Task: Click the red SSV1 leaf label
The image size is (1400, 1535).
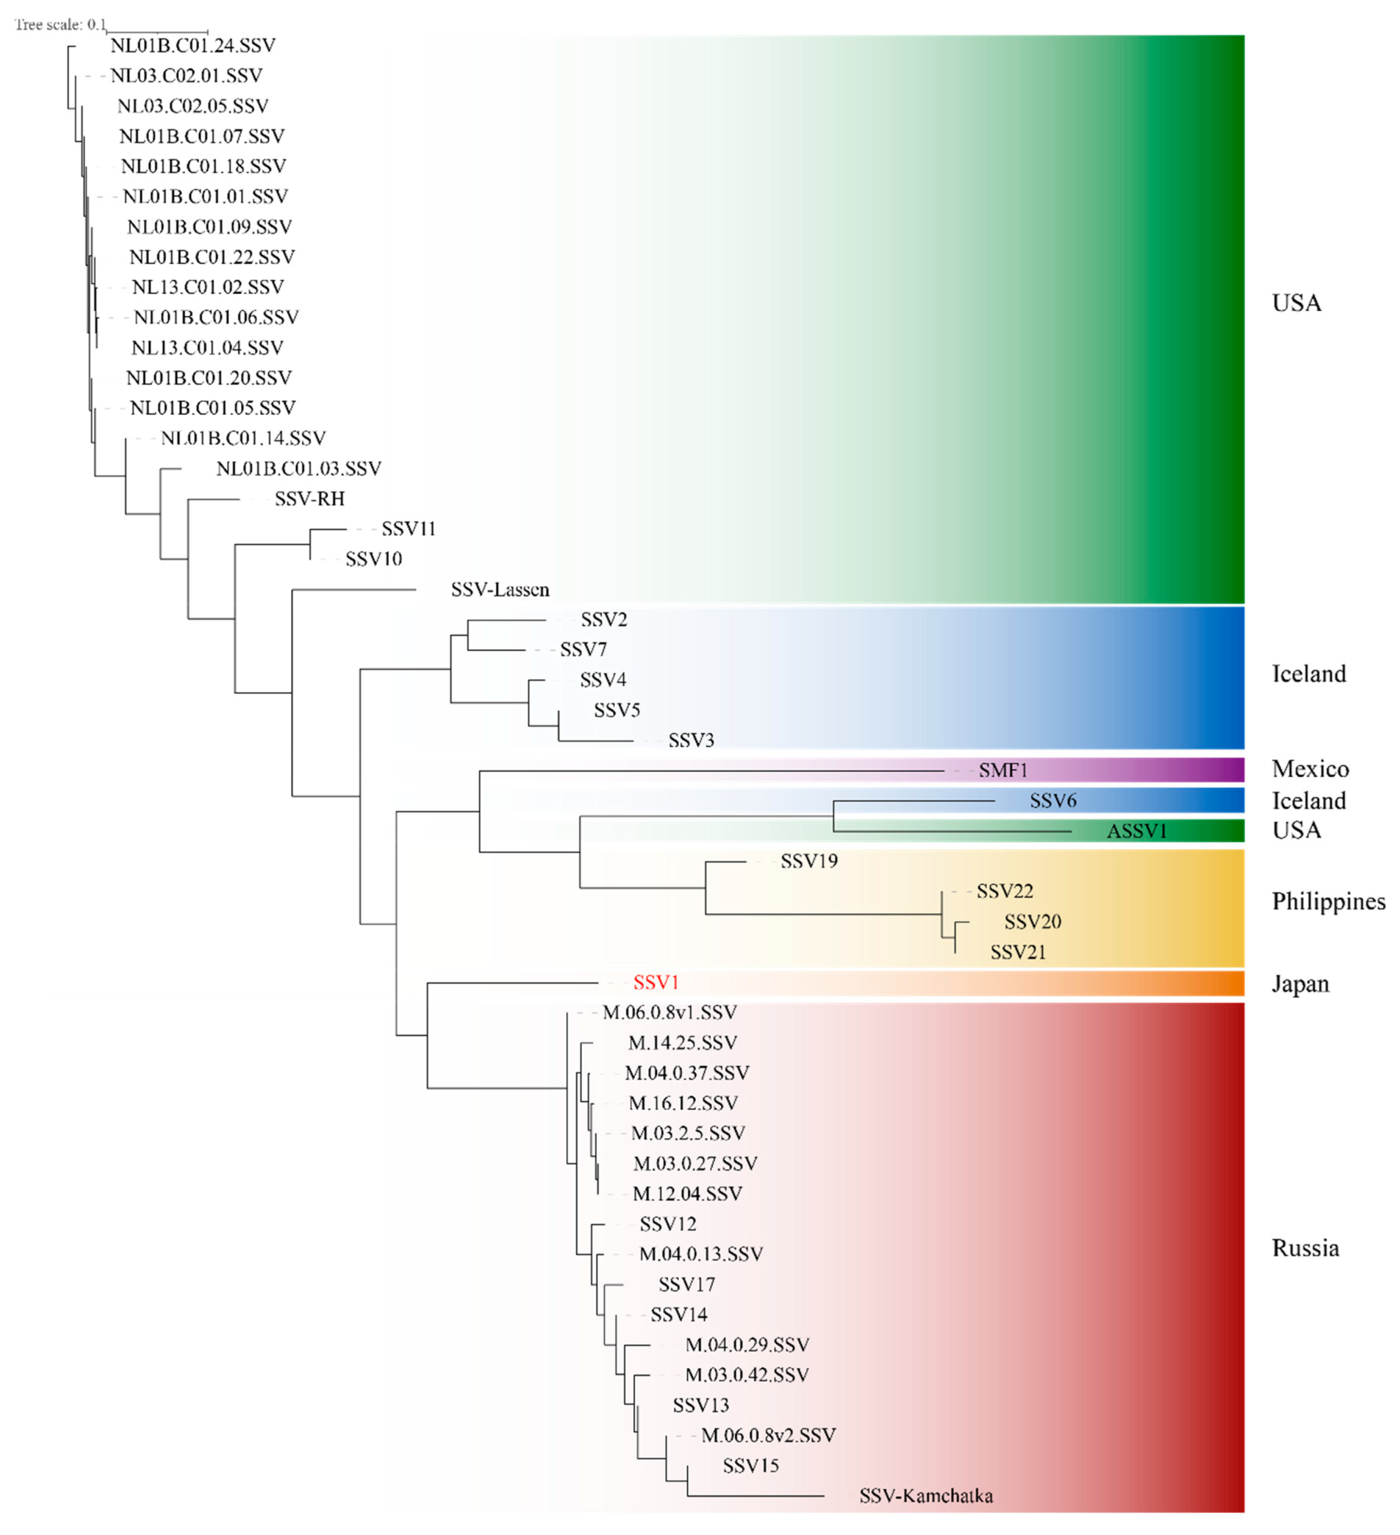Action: tap(655, 983)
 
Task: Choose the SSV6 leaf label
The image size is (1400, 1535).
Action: tap(1053, 801)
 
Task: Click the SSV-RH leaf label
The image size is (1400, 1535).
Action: tap(310, 499)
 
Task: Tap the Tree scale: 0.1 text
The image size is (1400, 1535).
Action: tap(60, 25)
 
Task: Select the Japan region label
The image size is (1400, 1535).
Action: tap(1300, 984)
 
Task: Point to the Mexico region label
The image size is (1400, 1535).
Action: tap(1310, 769)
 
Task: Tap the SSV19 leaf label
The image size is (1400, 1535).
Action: tap(809, 861)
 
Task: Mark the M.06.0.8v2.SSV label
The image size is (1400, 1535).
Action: tap(768, 1436)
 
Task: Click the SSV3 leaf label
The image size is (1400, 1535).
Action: tap(691, 740)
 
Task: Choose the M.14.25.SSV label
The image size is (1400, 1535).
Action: tap(682, 1043)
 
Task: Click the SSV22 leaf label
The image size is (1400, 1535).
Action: tap(1005, 892)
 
